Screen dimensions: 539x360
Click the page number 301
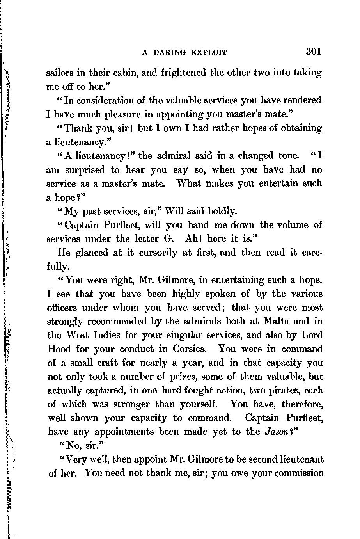coord(313,52)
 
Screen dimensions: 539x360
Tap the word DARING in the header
coord(170,53)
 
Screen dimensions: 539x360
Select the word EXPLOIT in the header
coord(209,53)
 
